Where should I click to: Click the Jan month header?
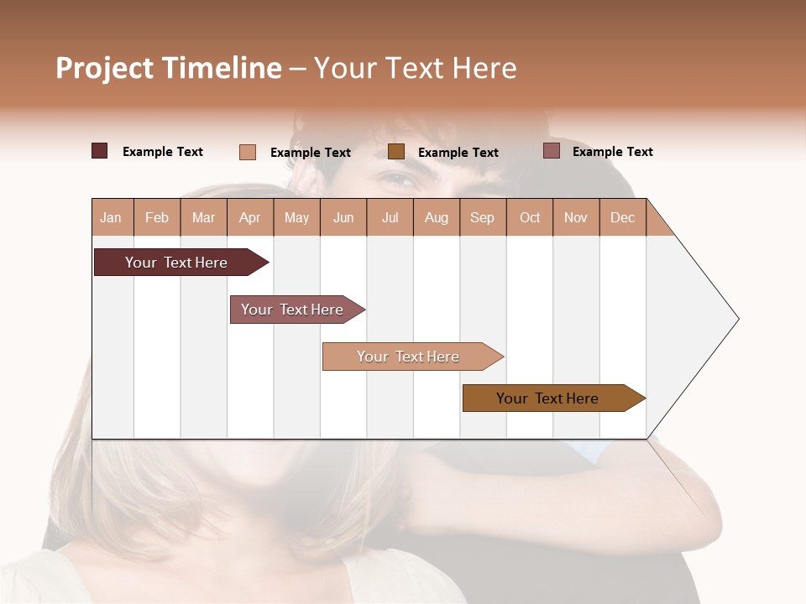pyautogui.click(x=111, y=218)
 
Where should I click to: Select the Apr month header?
pyautogui.click(x=249, y=218)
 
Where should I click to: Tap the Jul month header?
pyautogui.click(x=390, y=218)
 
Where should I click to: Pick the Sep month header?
pyautogui.click(x=482, y=218)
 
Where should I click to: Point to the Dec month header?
pyautogui.click(x=622, y=218)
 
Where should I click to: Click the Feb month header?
pyautogui.click(x=157, y=218)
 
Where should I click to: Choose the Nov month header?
pyautogui.click(x=575, y=218)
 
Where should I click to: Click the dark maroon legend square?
pyautogui.click(x=100, y=151)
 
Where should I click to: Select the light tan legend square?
pyautogui.click(x=248, y=152)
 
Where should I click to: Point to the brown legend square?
pyautogui.click(x=396, y=152)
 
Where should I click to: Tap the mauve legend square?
pyautogui.click(x=552, y=151)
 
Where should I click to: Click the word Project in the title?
pyautogui.click(x=104, y=68)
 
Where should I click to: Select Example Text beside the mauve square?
pyautogui.click(x=612, y=152)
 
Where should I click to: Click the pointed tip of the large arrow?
pyautogui.click(x=737, y=319)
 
